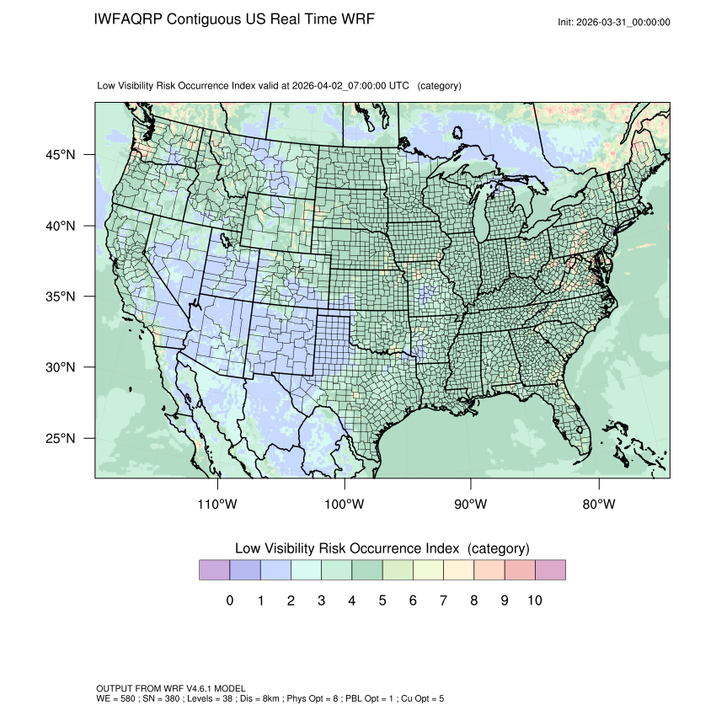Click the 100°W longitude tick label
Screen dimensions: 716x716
[x=345, y=505]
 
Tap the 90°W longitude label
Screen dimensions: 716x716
[x=471, y=505]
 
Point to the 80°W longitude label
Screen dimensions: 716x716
[x=598, y=505]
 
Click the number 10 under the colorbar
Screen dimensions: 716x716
[x=534, y=601]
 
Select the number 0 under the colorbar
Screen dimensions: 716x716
[x=230, y=601]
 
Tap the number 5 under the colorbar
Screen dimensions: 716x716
[x=382, y=601]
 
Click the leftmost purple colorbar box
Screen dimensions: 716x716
[x=214, y=570]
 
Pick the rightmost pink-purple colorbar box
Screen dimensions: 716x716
[x=550, y=570]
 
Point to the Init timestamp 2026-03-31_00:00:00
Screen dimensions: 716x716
[x=623, y=23]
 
